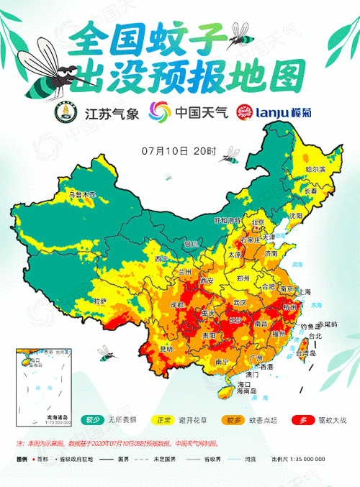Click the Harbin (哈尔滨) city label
[315, 169]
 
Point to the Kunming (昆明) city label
[166, 349]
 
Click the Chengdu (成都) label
[177, 305]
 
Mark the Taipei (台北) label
[315, 336]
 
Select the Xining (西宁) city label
[161, 259]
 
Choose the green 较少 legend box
[92, 419]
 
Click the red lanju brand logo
[248, 113]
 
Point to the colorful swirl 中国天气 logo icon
[159, 113]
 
